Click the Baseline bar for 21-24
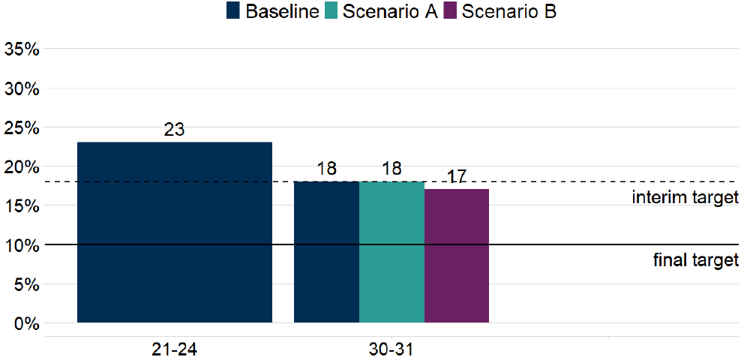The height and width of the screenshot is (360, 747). coord(174,232)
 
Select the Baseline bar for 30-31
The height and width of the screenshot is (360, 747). coord(326,252)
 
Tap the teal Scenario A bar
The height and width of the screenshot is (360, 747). coord(391,252)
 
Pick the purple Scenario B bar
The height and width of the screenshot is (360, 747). coord(457,256)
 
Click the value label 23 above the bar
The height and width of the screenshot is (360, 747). coord(174,130)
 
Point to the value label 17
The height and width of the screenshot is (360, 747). coord(457,177)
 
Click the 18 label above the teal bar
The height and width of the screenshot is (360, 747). coord(391,169)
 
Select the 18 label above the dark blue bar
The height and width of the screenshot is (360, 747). coord(326,169)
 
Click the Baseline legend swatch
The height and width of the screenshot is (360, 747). coord(233,12)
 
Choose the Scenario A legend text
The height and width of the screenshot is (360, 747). coord(390,12)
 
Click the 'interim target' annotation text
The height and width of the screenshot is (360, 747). coord(685,198)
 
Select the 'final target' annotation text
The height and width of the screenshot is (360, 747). coord(696,261)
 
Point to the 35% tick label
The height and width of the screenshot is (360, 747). coord(22,49)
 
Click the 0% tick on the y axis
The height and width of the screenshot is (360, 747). coord(26,324)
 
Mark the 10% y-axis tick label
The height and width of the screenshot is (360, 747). coord(22,245)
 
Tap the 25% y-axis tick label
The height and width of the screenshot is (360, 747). coord(22,128)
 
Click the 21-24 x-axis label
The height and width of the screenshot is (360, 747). coord(174,349)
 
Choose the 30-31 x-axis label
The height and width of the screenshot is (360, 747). coord(391,349)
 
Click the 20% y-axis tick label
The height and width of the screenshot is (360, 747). coord(22,167)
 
